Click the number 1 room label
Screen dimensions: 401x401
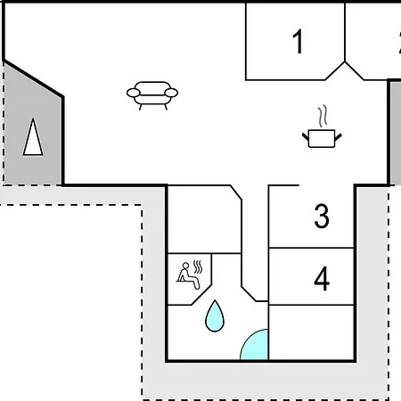pos(298,41)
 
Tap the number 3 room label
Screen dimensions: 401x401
pos(322,216)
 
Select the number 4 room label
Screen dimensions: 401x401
pos(322,279)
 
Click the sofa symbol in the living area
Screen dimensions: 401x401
pos(152,95)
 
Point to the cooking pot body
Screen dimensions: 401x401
pos(322,138)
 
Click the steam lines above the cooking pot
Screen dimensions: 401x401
pos(323,116)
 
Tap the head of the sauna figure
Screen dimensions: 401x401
pos(185,266)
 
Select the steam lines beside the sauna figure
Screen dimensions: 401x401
pos(198,266)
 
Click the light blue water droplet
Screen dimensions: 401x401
pos(215,316)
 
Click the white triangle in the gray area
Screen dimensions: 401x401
pos(33,137)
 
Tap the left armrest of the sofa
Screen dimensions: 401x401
pos(133,93)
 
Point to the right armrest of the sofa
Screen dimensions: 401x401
pos(171,93)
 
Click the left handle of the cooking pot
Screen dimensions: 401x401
pos(306,137)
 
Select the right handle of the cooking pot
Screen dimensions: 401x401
pos(338,137)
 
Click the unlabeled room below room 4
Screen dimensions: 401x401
pos(311,332)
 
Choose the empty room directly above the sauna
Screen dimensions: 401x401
pos(204,219)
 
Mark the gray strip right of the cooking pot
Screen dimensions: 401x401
pos(396,133)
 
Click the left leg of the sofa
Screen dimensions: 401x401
pos(141,107)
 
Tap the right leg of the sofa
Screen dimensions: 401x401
pos(166,107)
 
